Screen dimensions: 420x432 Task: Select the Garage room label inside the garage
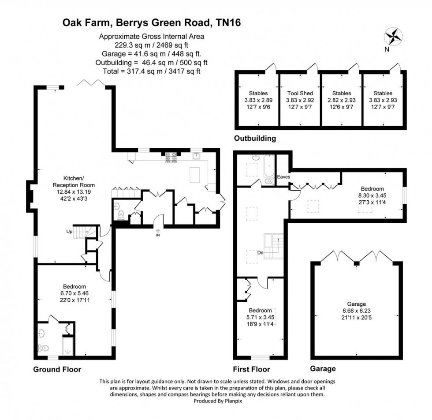[357, 304]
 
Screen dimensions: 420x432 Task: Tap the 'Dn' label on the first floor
[261, 252]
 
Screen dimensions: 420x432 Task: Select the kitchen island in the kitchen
[194, 175]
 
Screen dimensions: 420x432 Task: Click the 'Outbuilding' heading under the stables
[255, 139]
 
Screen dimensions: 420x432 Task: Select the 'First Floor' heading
[251, 369]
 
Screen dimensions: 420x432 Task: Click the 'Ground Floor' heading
[57, 369]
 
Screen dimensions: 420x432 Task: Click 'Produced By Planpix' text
[216, 401]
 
